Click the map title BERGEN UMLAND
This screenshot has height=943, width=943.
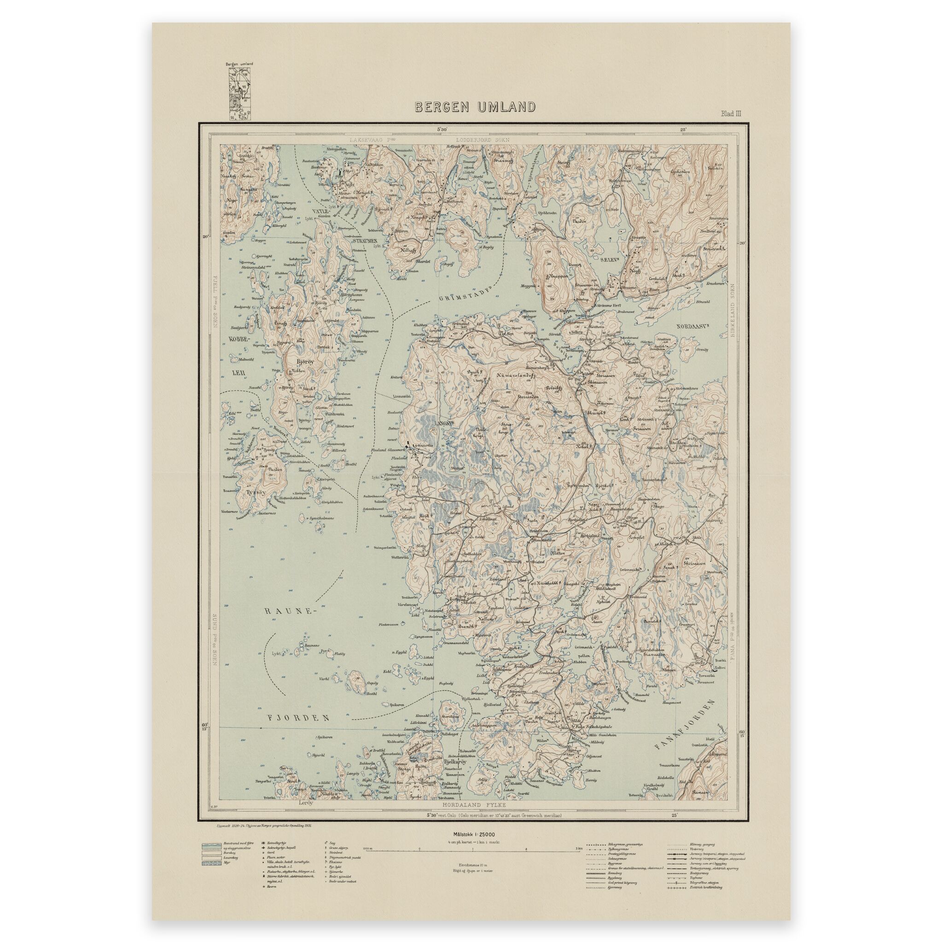[x=474, y=107]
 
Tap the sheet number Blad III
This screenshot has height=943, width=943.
[x=731, y=114]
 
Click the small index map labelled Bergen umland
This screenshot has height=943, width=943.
[x=239, y=92]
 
